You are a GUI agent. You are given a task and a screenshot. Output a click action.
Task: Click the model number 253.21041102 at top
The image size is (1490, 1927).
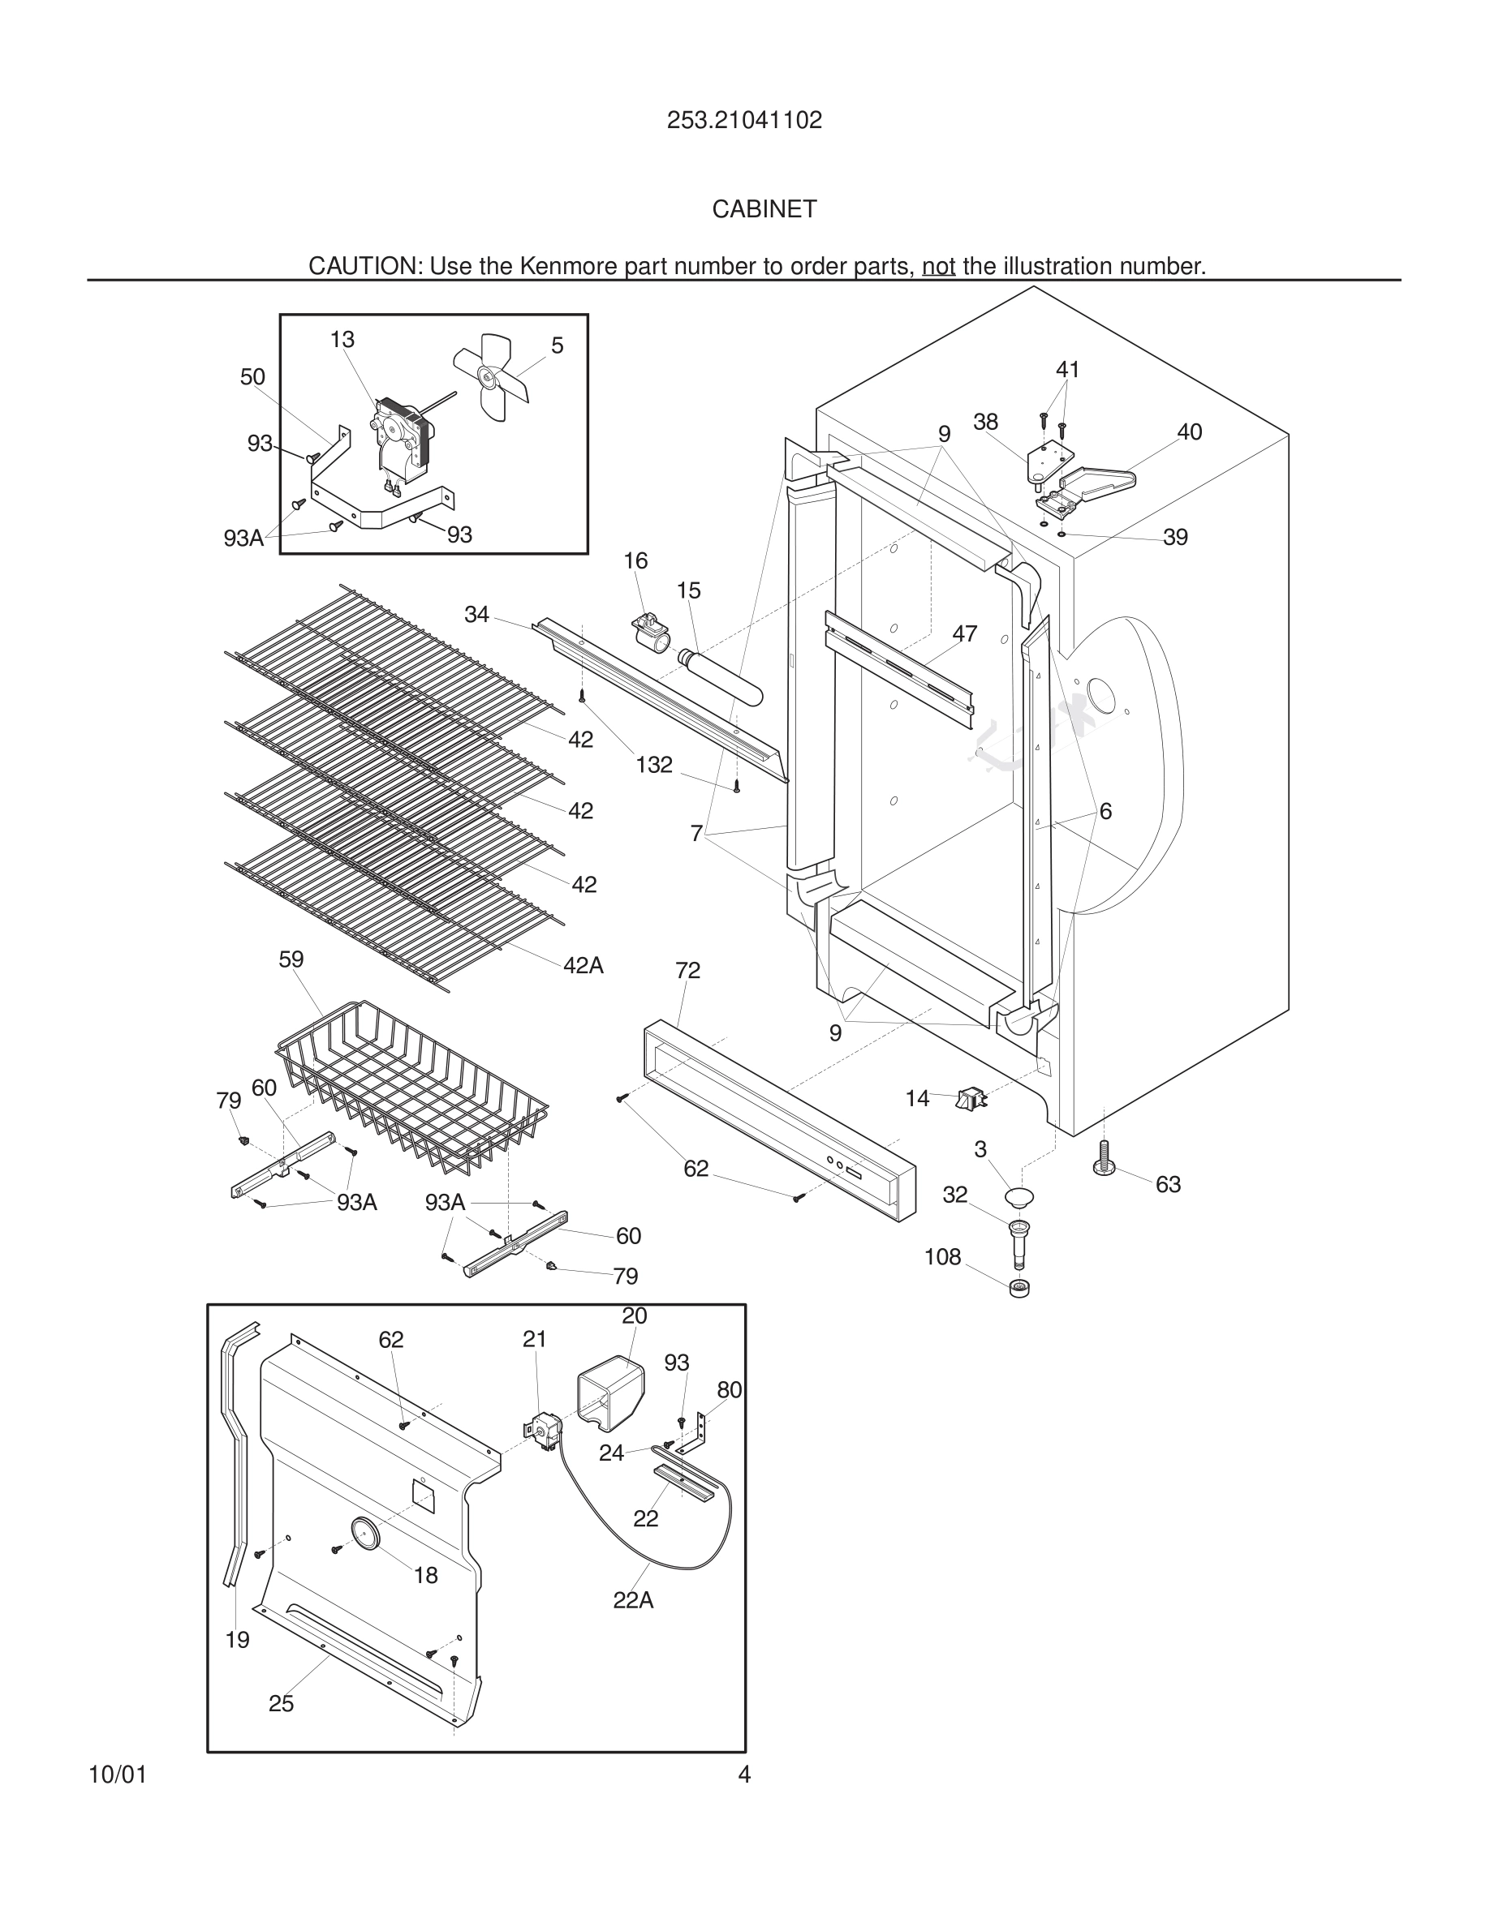tap(744, 120)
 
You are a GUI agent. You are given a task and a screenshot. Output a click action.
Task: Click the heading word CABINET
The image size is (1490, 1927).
tap(764, 209)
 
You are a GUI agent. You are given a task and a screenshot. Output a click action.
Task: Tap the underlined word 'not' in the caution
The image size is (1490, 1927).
tap(938, 265)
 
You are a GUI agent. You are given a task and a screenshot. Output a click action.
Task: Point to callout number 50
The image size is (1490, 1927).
tap(252, 377)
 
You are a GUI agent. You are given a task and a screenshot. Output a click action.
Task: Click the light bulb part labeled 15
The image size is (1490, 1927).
tap(719, 675)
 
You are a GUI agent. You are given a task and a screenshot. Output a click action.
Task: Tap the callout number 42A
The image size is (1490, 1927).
tap(584, 965)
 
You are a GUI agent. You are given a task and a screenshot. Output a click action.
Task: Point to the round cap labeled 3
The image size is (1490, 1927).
tap(1018, 1197)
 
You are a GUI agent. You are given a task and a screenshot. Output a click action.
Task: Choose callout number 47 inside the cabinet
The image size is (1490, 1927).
tap(965, 633)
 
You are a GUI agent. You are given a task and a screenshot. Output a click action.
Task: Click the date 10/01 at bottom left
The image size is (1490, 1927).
tap(118, 1775)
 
